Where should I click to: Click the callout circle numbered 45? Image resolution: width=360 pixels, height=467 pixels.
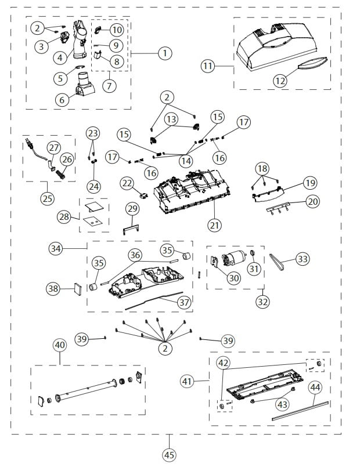click(x=169, y=455)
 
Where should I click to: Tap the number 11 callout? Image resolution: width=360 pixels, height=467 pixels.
click(x=208, y=66)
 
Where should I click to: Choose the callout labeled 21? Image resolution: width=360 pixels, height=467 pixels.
click(x=214, y=224)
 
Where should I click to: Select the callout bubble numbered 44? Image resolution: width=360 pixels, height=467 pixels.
click(x=315, y=387)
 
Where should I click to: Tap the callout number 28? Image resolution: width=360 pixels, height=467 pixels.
click(x=64, y=217)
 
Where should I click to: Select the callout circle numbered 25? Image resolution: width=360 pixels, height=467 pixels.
click(x=47, y=198)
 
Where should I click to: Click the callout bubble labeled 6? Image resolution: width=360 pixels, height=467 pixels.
click(x=60, y=99)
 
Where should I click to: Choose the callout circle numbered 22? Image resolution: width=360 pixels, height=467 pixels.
click(x=128, y=183)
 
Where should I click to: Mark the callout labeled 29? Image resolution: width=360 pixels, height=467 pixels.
click(x=132, y=208)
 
